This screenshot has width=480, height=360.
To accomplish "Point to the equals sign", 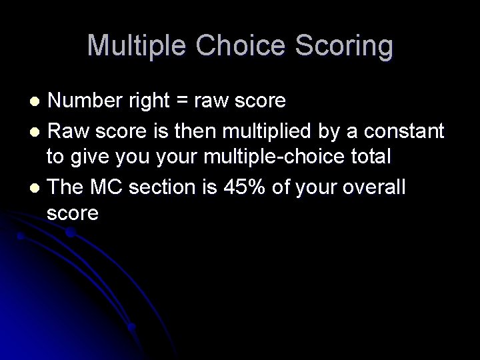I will click(180, 101).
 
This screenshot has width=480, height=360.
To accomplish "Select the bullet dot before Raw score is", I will click(37, 131).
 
